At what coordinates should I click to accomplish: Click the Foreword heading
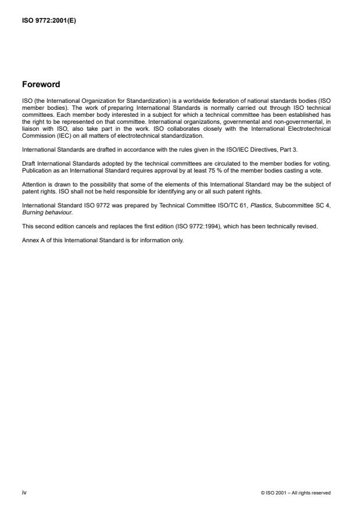[x=41, y=84]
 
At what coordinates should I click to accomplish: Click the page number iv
[x=24, y=492]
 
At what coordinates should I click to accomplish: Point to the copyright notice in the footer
[x=296, y=493]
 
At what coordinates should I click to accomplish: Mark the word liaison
[x=30, y=131]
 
